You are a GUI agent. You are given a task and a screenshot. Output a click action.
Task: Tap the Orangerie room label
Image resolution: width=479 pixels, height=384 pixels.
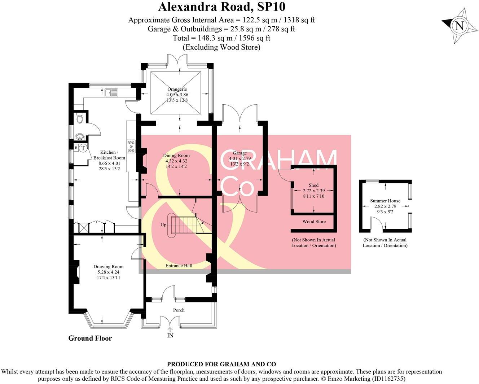click(177, 90)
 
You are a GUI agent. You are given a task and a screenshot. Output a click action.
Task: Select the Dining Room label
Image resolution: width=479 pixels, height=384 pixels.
click(176, 156)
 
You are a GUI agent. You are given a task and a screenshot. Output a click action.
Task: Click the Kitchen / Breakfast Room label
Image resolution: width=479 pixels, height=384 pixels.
click(109, 155)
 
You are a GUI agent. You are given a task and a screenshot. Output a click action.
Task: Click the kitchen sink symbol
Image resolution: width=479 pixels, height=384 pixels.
click(111, 93)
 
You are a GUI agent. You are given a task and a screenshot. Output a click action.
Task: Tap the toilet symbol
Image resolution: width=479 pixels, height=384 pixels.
click(80, 118)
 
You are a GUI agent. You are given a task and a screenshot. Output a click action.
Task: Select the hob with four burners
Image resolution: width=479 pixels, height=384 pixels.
click(131, 146)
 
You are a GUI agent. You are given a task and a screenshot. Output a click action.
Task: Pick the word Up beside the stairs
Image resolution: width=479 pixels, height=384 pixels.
click(163, 225)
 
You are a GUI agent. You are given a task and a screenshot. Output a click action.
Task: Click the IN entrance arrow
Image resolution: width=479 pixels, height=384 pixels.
click(170, 329)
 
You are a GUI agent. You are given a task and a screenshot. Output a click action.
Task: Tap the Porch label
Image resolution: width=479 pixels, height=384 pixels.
click(179, 310)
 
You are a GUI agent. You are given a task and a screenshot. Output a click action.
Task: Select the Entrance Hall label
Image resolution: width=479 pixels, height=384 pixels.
click(179, 266)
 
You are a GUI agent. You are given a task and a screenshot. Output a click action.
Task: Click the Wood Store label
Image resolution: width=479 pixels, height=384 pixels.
click(314, 222)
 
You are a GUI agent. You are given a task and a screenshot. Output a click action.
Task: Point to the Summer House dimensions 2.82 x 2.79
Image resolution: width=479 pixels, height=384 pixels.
click(385, 206)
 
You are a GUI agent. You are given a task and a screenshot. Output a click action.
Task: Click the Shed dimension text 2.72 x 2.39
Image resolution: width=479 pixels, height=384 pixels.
click(313, 191)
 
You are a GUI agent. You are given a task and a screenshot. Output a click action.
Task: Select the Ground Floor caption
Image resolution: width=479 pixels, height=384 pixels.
click(90, 338)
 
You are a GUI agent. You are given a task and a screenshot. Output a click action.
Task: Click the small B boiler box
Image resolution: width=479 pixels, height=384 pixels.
click(76, 148)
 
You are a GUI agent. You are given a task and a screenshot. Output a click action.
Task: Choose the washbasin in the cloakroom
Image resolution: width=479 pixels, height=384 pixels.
click(79, 136)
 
